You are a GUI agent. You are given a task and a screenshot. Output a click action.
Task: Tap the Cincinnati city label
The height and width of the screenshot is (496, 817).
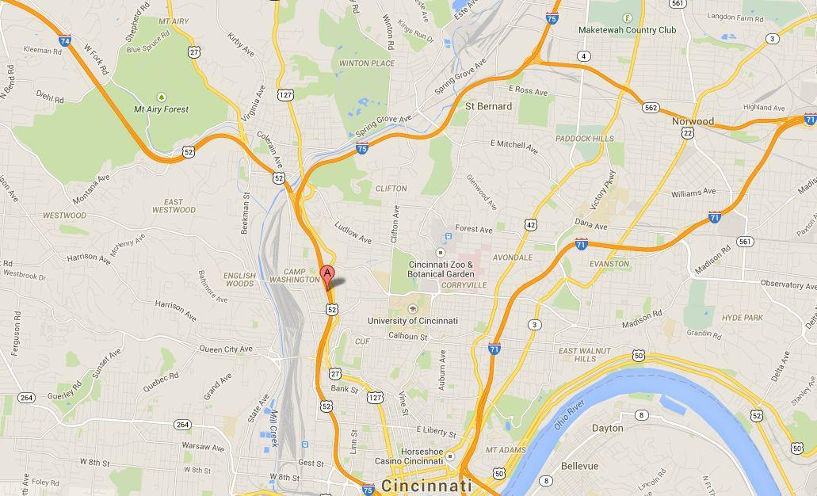click(x=427, y=486)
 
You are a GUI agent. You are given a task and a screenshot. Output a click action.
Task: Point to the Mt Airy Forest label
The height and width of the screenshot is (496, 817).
click(x=161, y=109)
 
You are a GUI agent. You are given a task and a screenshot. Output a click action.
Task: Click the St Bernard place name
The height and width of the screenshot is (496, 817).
click(x=488, y=106)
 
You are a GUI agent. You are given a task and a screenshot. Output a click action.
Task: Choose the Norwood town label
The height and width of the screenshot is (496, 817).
click(x=693, y=122)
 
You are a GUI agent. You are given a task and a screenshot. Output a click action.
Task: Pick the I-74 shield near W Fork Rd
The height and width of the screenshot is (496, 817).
click(x=65, y=40)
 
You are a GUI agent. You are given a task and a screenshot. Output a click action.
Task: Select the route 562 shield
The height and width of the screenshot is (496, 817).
click(x=651, y=108)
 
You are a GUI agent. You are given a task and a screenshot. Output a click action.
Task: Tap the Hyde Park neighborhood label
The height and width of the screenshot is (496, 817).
click(x=742, y=318)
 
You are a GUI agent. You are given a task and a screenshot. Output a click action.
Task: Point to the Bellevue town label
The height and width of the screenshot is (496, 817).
click(x=579, y=467)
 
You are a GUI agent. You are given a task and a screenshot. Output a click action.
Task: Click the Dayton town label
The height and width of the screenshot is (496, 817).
click(x=607, y=428)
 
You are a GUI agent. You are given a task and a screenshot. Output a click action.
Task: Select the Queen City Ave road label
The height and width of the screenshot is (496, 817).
click(x=226, y=349)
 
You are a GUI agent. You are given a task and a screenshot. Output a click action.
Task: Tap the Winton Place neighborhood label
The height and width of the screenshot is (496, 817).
click(x=366, y=63)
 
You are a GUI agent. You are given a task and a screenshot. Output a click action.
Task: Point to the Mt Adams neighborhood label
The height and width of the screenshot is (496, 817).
click(x=506, y=450)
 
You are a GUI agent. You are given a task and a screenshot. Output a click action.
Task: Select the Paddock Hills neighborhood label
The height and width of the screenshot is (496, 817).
click(x=584, y=139)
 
